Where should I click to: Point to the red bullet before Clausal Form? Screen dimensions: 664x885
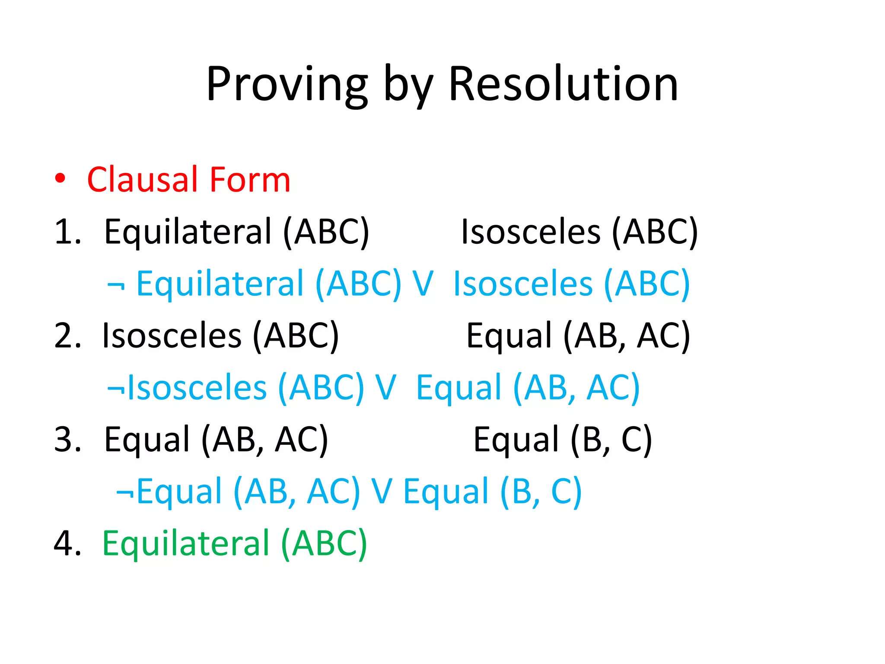[60, 179]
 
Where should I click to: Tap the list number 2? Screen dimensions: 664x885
[67, 336]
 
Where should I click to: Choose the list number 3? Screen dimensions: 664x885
[67, 440]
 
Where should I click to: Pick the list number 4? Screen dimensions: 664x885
[67, 543]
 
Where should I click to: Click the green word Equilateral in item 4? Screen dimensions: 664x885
[186, 543]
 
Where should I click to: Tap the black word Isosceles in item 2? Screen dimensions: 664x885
[172, 336]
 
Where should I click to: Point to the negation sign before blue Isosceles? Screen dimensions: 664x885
[116, 388]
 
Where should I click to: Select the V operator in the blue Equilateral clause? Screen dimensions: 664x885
[423, 284]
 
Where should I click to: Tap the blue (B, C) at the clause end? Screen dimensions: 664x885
[541, 492]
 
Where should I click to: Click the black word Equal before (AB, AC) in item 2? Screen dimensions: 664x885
[509, 336]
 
